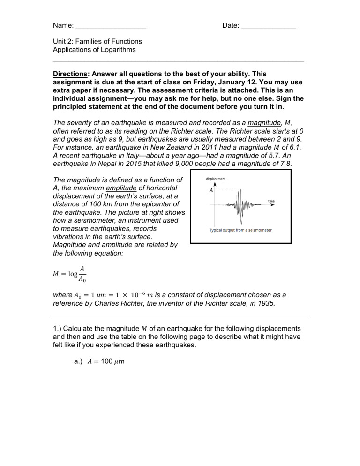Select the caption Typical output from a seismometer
[240, 230]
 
